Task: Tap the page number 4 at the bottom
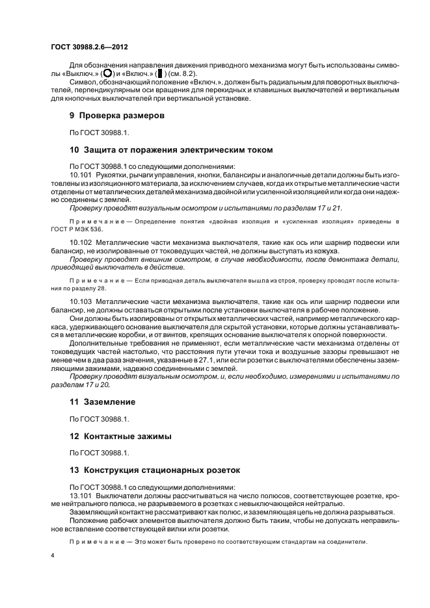click(x=53, y=557)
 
